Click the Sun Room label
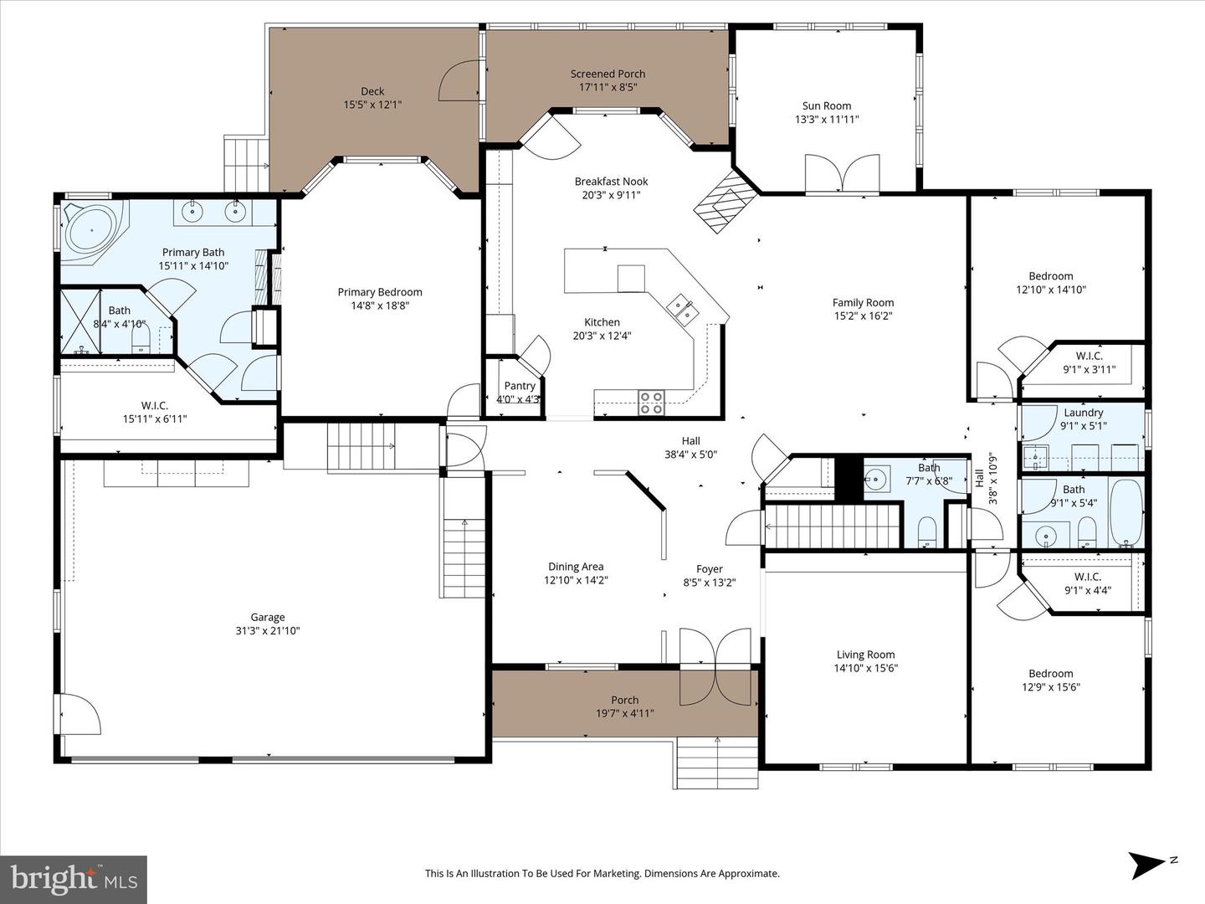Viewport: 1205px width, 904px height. click(x=826, y=105)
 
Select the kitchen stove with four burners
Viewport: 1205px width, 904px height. click(x=651, y=403)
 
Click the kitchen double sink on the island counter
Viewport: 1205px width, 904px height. click(x=683, y=308)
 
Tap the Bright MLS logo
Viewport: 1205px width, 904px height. click(x=74, y=879)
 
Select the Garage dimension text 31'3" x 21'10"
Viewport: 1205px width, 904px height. click(x=268, y=630)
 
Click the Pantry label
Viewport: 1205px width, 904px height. click(x=520, y=386)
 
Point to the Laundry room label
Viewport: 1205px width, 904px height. click(x=1083, y=413)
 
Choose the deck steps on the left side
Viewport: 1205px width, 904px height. click(x=245, y=163)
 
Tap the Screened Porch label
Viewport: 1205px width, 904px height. click(x=608, y=74)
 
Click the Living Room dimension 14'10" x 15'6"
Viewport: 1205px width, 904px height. click(x=865, y=668)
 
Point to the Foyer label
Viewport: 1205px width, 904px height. click(x=709, y=569)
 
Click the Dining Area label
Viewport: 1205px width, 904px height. click(x=575, y=567)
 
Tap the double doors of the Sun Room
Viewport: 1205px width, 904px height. click(x=843, y=174)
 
